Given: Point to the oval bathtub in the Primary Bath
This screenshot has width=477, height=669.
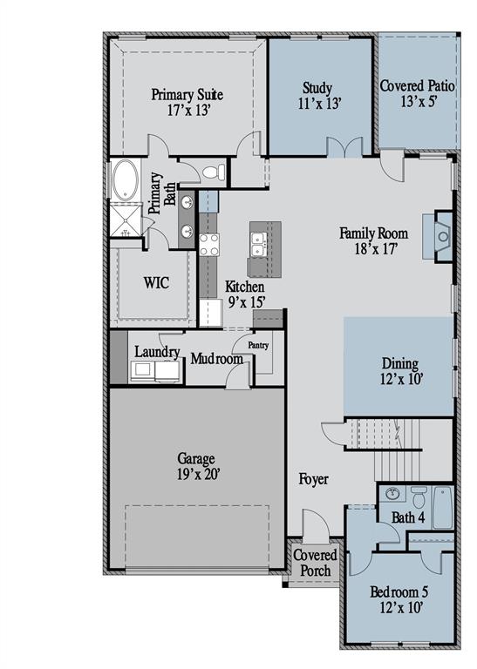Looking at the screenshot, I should [x=124, y=180].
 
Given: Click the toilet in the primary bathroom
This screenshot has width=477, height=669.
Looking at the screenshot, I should [x=214, y=172].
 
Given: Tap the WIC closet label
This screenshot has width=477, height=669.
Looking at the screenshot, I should [x=155, y=283].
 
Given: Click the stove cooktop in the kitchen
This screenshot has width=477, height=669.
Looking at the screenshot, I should [x=208, y=245].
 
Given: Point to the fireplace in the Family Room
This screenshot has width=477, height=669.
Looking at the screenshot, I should [x=442, y=235].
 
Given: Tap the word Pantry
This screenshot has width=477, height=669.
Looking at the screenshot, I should [x=258, y=345].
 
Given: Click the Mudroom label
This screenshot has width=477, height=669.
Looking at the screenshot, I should [x=216, y=358].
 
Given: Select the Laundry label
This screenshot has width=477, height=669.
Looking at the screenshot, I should [x=157, y=353].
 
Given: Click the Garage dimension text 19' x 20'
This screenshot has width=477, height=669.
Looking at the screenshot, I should [x=198, y=474].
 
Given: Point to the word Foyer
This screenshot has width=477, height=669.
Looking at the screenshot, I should [x=314, y=479].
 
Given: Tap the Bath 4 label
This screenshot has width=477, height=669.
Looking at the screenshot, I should [x=408, y=517].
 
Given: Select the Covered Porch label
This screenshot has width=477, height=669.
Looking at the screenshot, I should [x=313, y=563].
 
